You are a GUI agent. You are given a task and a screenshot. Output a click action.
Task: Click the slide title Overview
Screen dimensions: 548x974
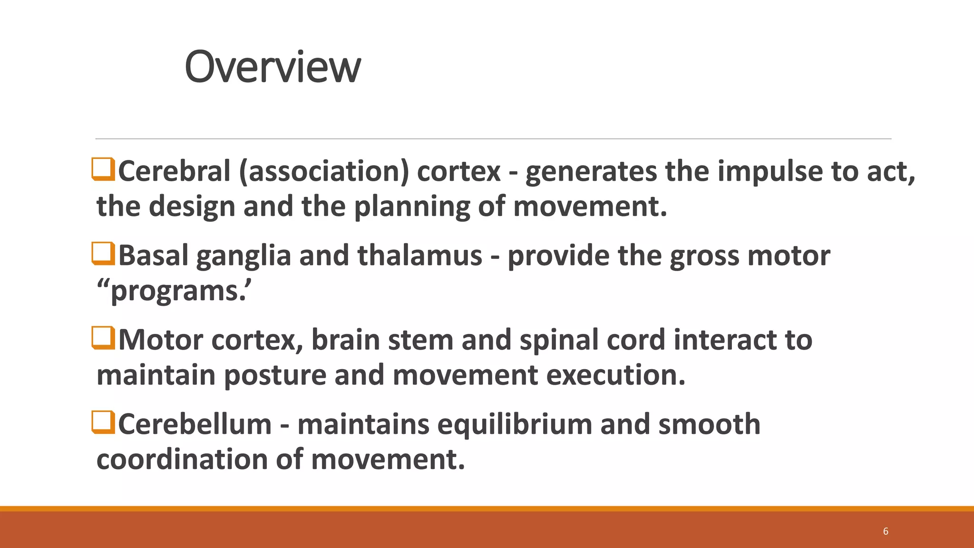pos(273,67)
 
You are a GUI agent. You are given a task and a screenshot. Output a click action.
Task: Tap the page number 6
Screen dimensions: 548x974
pos(886,531)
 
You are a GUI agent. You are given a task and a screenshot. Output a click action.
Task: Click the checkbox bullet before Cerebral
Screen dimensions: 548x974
pos(103,170)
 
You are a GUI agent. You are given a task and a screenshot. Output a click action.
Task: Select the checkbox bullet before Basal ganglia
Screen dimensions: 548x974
pos(103,254)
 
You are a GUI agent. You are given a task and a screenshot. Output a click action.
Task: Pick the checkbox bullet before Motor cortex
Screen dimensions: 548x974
pos(103,338)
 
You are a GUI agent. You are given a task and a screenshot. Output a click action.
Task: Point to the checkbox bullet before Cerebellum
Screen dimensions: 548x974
pos(103,422)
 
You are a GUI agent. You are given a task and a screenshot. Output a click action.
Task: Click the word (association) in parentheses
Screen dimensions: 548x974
pos(324,171)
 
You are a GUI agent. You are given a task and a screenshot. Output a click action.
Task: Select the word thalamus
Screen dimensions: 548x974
pos(420,255)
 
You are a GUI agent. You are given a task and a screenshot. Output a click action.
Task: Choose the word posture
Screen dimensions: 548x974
pos(275,375)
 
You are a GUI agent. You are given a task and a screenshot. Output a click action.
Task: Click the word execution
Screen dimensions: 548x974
pos(615,375)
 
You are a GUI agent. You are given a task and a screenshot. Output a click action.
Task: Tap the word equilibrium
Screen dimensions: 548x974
pos(515,424)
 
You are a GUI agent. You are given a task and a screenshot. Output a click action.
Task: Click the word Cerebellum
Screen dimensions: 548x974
pos(195,424)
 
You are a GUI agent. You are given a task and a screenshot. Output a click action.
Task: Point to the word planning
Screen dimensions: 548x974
pos(412,207)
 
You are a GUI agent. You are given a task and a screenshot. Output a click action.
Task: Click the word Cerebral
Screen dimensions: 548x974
pos(174,171)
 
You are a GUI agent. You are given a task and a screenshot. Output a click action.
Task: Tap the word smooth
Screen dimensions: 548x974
pos(709,424)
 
